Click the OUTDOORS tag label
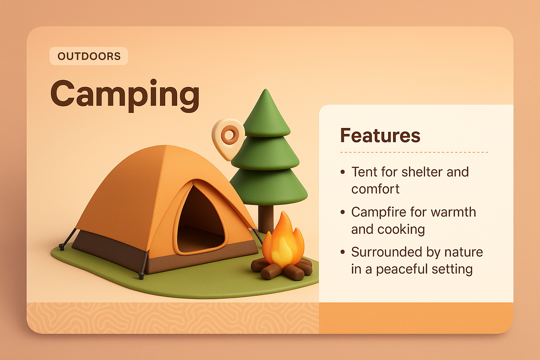point(89,56)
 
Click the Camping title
point(125,94)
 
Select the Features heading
point(380,135)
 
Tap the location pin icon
point(229,136)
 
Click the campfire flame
point(283,243)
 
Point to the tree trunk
point(266,218)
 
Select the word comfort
point(375,189)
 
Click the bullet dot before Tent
point(343,172)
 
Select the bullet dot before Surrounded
point(343,252)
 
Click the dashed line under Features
point(414,152)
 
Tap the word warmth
point(453,212)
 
